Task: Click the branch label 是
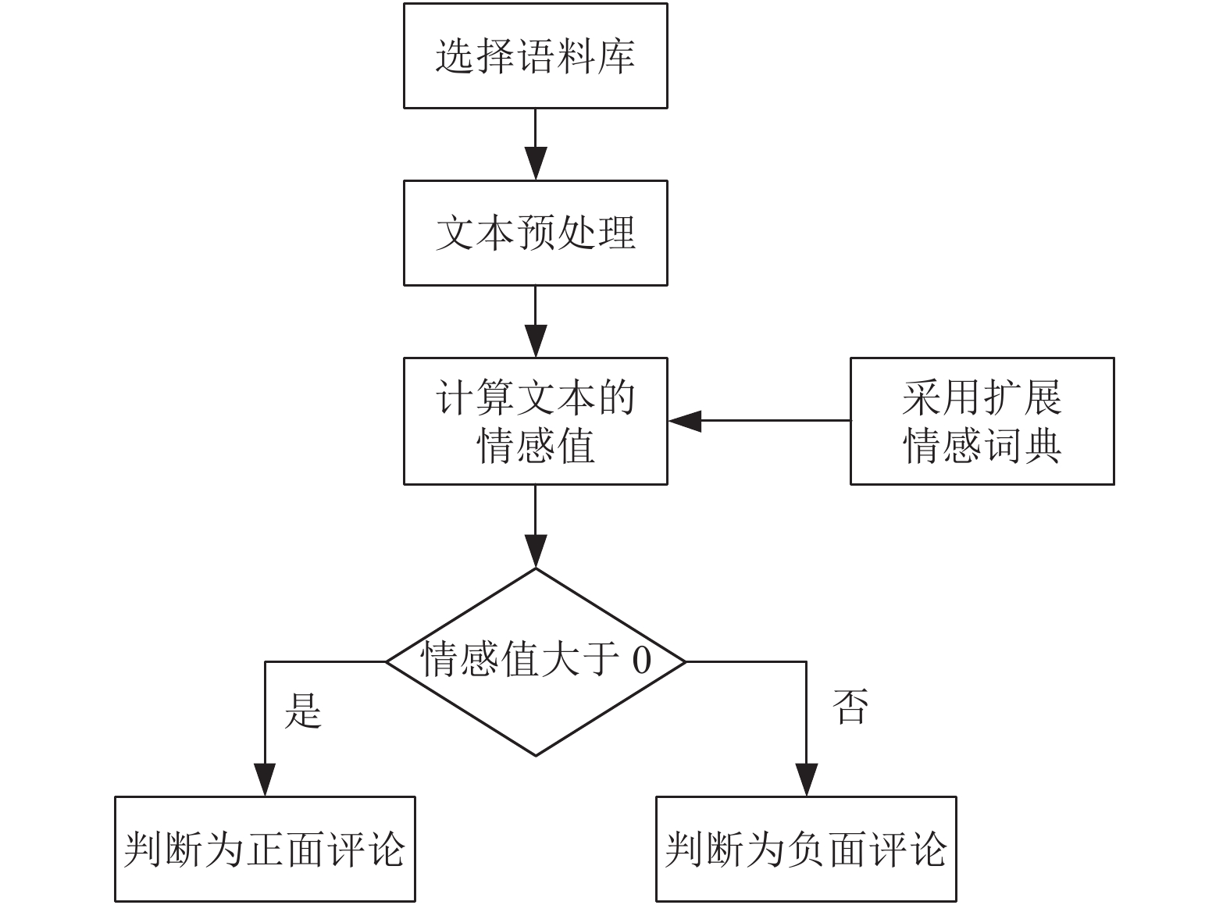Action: [x=302, y=711]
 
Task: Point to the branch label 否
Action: [x=850, y=706]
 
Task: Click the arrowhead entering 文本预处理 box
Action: [x=536, y=163]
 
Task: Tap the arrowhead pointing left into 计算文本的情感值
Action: [x=685, y=421]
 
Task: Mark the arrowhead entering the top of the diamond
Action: [x=536, y=550]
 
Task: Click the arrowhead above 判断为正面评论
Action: [x=265, y=780]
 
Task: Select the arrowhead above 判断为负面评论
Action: [x=806, y=780]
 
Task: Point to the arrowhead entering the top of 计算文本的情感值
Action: [x=536, y=341]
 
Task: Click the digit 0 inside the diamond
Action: [x=641, y=660]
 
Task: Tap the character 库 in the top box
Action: [x=616, y=56]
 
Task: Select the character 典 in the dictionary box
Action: [x=1042, y=445]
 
